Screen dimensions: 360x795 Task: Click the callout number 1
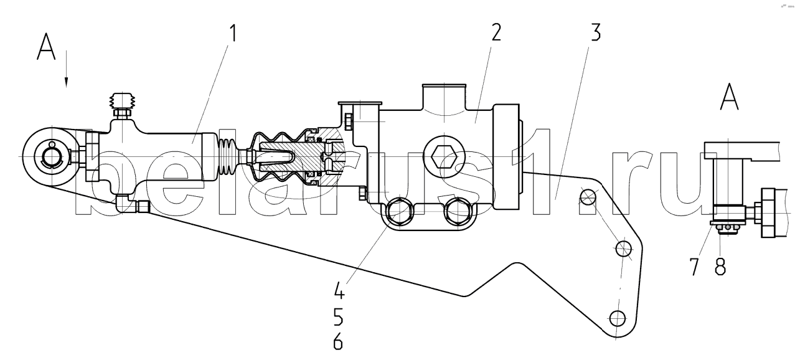coord(233,35)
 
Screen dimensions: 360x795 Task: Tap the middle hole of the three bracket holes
coord(623,250)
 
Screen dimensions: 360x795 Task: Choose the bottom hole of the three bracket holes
coord(617,318)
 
